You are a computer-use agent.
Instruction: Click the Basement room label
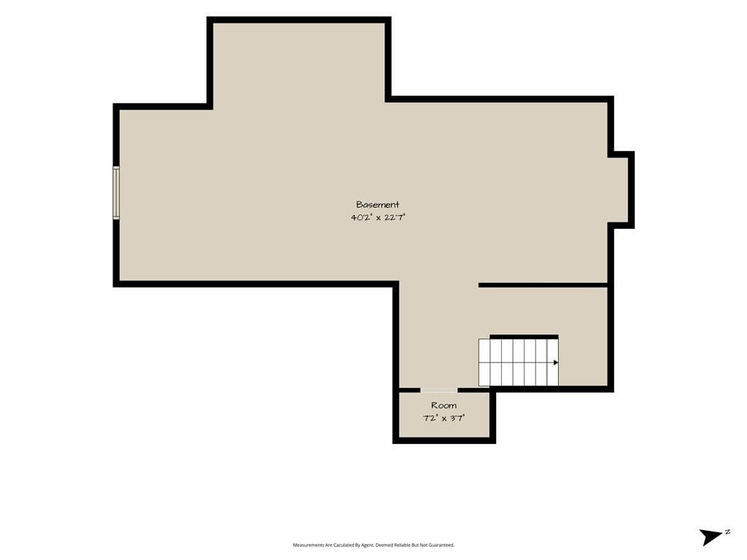click(378, 205)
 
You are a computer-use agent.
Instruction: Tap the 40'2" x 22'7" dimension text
click(378, 217)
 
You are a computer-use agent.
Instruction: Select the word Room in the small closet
click(444, 405)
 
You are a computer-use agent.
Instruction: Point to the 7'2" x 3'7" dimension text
click(444, 419)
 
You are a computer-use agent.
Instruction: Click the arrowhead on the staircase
click(555, 363)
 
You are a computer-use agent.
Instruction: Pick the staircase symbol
click(519, 362)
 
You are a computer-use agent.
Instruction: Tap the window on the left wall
click(116, 192)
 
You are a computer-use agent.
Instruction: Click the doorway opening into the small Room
click(438, 391)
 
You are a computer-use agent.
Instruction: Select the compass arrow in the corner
click(711, 537)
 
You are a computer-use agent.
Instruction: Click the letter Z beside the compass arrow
click(727, 532)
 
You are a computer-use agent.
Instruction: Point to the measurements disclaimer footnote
click(373, 545)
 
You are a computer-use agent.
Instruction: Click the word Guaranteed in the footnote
click(443, 545)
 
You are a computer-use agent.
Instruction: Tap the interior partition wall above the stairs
click(543, 285)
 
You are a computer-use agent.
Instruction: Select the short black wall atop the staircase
click(524, 337)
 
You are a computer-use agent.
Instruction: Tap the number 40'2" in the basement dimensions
click(361, 217)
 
